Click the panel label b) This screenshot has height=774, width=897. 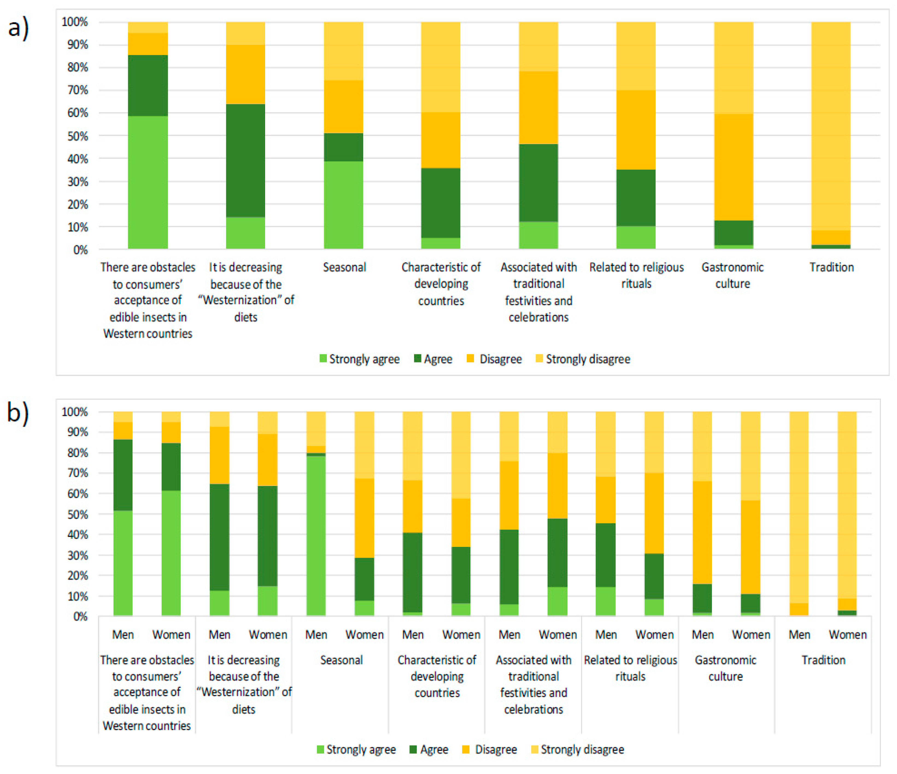click(x=18, y=413)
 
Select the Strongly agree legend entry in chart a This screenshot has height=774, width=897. click(x=359, y=359)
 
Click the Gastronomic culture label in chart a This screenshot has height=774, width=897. click(x=732, y=275)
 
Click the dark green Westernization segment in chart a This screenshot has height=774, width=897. click(x=245, y=160)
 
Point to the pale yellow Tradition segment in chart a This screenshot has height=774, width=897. click(x=831, y=126)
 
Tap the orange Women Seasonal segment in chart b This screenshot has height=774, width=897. click(x=365, y=518)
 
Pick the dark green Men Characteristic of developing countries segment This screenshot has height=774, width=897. click(x=413, y=572)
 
